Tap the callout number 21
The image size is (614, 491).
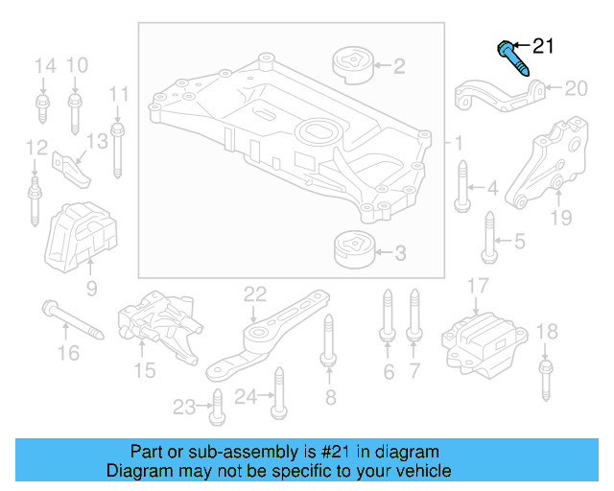click(543, 45)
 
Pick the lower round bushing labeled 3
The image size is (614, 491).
click(351, 252)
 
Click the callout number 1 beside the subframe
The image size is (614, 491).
click(459, 143)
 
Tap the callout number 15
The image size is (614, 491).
click(144, 368)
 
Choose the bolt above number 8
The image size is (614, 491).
click(327, 341)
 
